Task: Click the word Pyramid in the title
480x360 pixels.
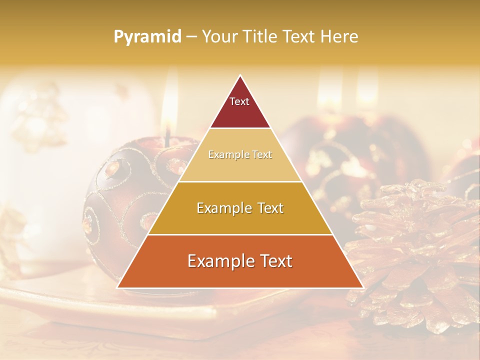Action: (x=147, y=37)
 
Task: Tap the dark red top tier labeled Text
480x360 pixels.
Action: (x=240, y=107)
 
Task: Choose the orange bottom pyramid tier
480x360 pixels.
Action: (x=240, y=267)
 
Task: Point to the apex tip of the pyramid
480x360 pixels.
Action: (x=240, y=76)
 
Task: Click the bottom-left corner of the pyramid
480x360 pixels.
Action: (x=118, y=287)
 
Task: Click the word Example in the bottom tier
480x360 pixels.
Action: (x=218, y=261)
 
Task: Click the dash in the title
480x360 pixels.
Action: (x=191, y=37)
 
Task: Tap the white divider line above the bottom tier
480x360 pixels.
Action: (x=240, y=234)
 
